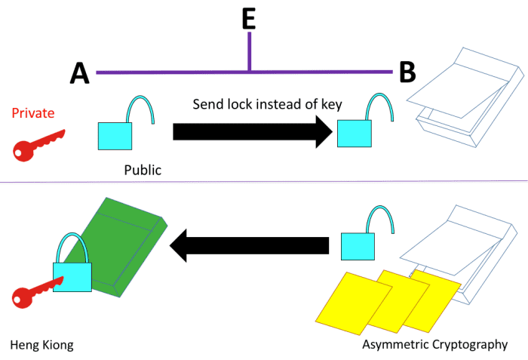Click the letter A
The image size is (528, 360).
[79, 73]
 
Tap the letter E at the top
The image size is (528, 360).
[249, 19]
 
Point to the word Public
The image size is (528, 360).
[143, 170]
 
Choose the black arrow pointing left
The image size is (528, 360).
[249, 245]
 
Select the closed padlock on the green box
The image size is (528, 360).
[72, 273]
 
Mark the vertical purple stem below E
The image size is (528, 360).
[250, 53]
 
